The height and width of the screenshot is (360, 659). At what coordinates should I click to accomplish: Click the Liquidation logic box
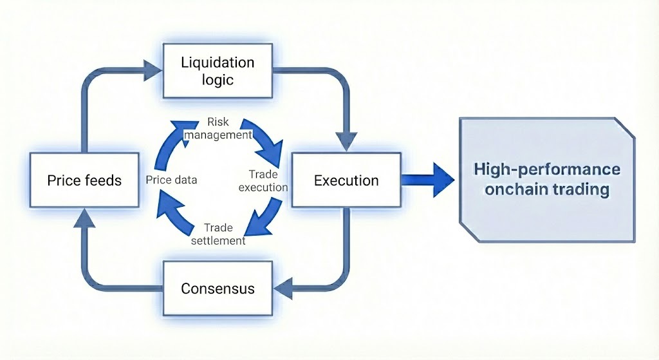coord(218,71)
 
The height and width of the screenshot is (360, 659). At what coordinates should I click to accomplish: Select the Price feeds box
coord(84,180)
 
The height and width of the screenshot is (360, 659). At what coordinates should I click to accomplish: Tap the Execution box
coord(346,180)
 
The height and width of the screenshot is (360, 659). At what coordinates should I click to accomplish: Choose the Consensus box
coord(218,288)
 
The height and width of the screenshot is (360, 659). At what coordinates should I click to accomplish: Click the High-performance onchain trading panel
coord(547,180)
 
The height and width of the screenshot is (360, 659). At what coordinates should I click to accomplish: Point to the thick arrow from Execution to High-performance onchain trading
coord(429,180)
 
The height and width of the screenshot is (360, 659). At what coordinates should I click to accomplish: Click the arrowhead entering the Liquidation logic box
coord(153,66)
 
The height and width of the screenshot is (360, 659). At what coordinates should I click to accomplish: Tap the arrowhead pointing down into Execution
coord(347,140)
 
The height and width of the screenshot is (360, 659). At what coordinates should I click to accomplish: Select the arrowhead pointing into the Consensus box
coord(283,288)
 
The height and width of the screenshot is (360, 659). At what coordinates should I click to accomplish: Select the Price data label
coord(171,180)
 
